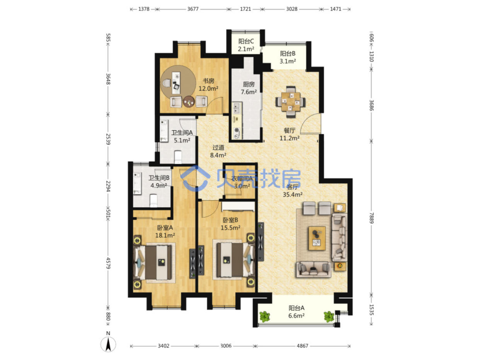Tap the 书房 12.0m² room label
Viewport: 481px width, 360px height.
pos(208,85)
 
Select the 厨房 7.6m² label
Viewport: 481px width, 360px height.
pos(248,88)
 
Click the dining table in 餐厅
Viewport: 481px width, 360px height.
pos(291,102)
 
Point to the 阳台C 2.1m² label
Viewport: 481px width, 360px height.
pos(246,45)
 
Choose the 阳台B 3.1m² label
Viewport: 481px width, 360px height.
pos(287,57)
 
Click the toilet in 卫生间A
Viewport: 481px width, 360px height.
pos(178,157)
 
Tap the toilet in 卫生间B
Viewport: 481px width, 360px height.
pos(153,200)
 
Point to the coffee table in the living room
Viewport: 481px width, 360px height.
pos(317,238)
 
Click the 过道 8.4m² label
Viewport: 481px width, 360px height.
pos(218,151)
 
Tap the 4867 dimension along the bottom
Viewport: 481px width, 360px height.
pos(303,346)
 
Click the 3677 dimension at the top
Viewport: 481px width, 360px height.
pos(193,9)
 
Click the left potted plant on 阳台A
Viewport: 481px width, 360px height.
pos(265,317)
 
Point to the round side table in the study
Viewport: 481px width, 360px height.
pos(189,102)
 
